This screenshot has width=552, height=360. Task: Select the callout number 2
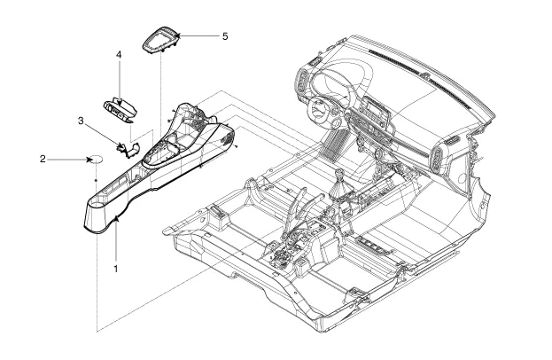pyautogui.click(x=43, y=160)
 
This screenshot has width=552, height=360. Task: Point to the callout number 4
pyautogui.click(x=118, y=55)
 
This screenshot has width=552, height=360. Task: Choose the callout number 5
pyautogui.click(x=225, y=36)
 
